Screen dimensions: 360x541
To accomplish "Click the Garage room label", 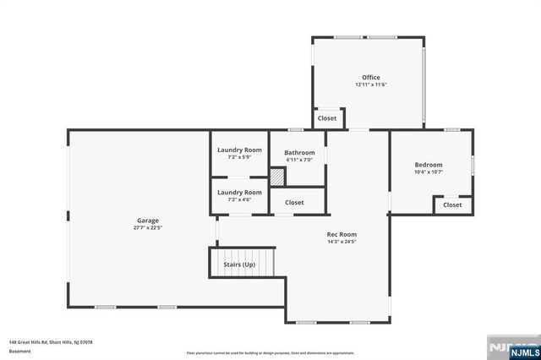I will (148, 220).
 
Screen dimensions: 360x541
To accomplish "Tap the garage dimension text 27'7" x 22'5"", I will (148, 227).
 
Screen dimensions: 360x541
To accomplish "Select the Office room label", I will (371, 78).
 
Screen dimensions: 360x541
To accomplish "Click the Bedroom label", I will (428, 165).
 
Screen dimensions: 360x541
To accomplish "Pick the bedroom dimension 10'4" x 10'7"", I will (428, 172).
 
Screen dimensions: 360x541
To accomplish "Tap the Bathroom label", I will (299, 152).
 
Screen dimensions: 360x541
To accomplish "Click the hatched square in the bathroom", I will (277, 177).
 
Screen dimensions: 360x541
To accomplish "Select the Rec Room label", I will (342, 234).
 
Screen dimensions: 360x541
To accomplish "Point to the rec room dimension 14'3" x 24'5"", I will (342, 242).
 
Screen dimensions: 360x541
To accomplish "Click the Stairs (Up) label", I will (239, 265).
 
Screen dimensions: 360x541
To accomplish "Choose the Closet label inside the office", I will (327, 118).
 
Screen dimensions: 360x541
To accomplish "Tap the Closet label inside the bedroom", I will (452, 205).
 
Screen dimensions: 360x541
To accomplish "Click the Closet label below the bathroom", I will (294, 202).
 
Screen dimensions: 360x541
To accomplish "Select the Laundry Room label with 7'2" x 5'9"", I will (239, 150).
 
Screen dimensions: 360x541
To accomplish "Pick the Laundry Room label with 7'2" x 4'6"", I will (239, 192).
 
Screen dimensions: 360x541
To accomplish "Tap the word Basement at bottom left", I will (19, 351).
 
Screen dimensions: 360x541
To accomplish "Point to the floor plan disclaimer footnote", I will (270, 352).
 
